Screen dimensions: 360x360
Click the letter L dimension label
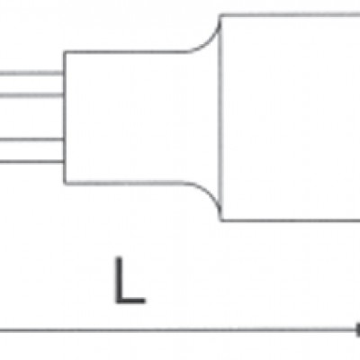click(130, 280)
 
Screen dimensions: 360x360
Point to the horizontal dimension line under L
click(178, 330)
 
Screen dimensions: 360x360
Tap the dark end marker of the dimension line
click(358, 330)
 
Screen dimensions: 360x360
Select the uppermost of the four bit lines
click(31, 73)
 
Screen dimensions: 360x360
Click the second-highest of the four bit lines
click(31, 95)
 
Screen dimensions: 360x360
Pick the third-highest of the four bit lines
click(31, 139)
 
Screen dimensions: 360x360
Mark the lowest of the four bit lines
click(31, 162)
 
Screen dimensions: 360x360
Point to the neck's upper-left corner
click(65, 53)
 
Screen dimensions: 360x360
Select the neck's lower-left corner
click(65, 183)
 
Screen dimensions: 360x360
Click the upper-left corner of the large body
click(221, 15)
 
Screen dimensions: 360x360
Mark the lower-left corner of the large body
click(222, 220)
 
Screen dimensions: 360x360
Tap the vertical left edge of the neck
click(65, 118)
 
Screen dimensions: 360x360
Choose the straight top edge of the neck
click(126, 52)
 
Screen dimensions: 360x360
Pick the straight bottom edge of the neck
click(125, 183)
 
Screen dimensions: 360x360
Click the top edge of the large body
click(291, 14)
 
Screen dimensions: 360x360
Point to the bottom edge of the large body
click(291, 220)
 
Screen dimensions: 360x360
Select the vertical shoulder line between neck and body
click(221, 118)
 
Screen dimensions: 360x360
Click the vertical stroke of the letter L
click(119, 280)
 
